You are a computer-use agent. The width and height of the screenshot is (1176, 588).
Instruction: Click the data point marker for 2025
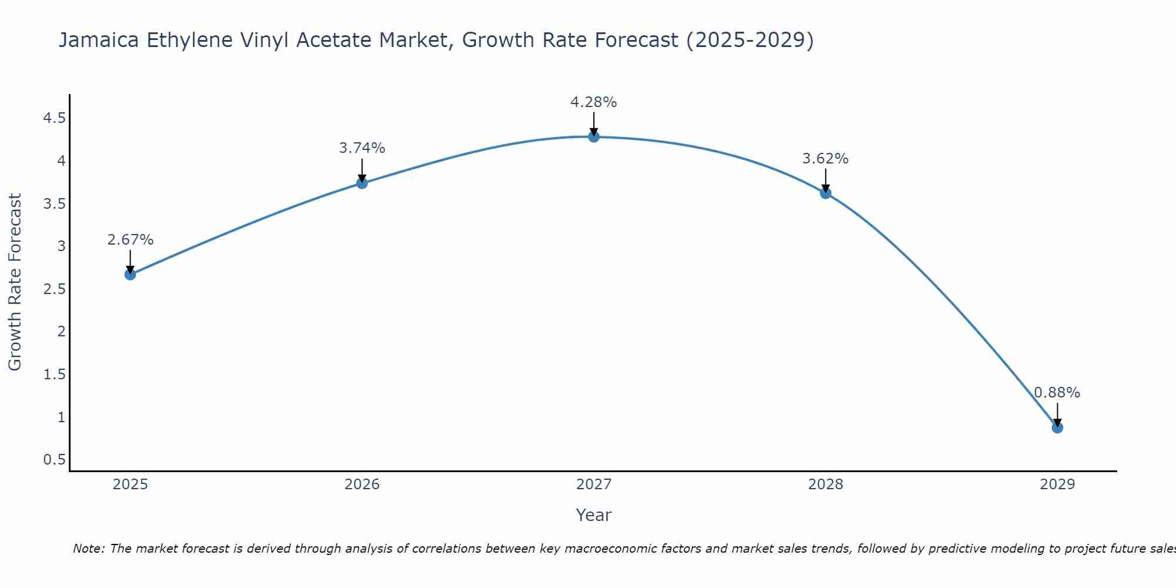(131, 274)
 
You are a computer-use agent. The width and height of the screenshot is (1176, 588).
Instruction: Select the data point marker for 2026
(362, 183)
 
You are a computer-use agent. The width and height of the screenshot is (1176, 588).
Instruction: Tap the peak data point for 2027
(594, 137)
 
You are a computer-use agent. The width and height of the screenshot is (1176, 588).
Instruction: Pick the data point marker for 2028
(826, 193)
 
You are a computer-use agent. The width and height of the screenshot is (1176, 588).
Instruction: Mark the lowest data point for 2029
(1057, 427)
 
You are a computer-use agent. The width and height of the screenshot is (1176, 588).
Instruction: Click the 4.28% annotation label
(594, 102)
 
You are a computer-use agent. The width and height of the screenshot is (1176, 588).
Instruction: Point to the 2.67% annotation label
(131, 240)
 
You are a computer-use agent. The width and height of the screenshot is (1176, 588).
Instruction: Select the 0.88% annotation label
(1057, 393)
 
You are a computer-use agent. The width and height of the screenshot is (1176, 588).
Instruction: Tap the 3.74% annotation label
(362, 148)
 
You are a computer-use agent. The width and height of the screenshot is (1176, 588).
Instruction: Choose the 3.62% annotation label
(826, 159)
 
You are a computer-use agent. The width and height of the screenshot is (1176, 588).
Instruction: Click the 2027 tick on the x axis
(594, 485)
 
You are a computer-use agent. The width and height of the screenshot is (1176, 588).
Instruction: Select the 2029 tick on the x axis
(1057, 485)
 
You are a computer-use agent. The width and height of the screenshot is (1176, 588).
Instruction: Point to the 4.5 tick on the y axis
(54, 119)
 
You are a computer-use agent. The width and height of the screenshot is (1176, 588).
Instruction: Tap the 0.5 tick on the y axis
(54, 460)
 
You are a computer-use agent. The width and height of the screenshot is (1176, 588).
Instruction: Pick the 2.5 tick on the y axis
(54, 289)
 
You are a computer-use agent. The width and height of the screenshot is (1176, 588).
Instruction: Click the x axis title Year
(594, 515)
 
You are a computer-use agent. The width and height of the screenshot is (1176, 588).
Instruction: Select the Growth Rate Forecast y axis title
(15, 282)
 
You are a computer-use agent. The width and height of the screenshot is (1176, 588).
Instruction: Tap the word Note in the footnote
(88, 549)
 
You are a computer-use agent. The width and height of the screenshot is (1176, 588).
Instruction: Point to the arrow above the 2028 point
(826, 180)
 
